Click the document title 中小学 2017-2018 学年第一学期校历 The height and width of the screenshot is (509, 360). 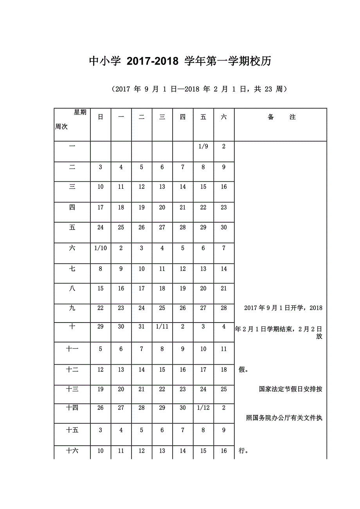[x=180, y=61]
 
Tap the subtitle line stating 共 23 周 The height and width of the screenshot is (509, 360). [x=199, y=89]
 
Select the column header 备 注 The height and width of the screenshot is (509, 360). [x=281, y=117]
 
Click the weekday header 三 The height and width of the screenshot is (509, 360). [x=162, y=117]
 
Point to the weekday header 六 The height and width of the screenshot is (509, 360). [x=223, y=117]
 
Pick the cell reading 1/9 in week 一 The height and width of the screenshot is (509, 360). [x=203, y=147]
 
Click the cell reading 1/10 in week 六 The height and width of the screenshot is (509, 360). [x=101, y=248]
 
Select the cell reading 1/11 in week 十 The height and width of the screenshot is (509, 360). [x=162, y=326]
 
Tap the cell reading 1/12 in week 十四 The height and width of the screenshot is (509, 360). [x=203, y=408]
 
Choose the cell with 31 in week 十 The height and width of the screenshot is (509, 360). [x=142, y=326]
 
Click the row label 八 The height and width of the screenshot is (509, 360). [x=72, y=289]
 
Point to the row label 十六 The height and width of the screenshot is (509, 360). [x=72, y=451]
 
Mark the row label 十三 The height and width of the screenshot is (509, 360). [x=72, y=389]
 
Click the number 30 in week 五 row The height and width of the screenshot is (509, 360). [x=223, y=228]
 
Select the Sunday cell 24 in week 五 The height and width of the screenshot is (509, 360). [x=101, y=228]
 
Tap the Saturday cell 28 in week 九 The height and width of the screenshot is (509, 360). [x=223, y=308]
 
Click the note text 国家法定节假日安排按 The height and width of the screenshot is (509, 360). [x=290, y=389]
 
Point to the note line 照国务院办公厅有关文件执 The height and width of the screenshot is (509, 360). [x=284, y=418]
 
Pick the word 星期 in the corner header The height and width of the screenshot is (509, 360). [x=80, y=113]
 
